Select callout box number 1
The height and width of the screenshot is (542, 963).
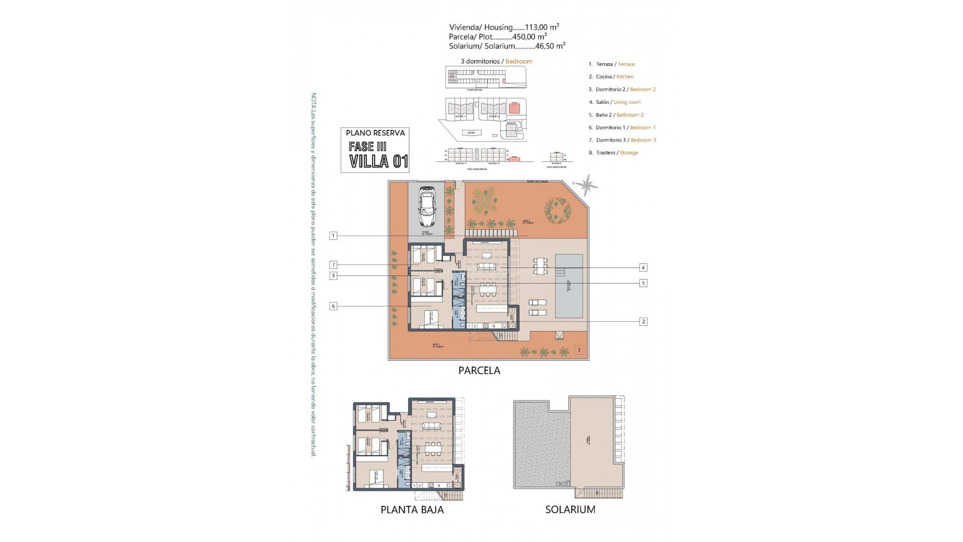tap(333, 235)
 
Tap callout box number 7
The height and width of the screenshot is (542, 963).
tap(333, 264)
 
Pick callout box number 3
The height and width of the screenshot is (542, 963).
tap(333, 276)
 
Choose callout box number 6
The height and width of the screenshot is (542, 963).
tap(333, 306)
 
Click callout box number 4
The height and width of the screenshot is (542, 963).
tap(643, 267)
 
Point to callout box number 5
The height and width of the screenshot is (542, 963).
tap(643, 283)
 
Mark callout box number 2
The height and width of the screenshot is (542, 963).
tap(643, 322)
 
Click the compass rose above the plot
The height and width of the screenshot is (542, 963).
tap(586, 185)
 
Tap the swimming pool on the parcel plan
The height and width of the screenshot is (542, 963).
tap(569, 286)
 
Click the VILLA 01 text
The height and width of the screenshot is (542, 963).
tap(379, 161)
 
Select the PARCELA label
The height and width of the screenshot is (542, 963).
tap(479, 371)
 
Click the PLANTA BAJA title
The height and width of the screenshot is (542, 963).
tap(412, 510)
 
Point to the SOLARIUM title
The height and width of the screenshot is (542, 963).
tap(570, 510)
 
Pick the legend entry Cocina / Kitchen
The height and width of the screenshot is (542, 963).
tap(614, 77)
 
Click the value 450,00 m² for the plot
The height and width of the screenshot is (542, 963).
tap(529, 37)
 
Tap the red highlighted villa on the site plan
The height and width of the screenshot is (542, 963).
tap(514, 108)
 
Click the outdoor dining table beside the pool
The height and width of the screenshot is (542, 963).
tap(540, 265)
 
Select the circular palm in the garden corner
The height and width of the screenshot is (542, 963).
tap(558, 212)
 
